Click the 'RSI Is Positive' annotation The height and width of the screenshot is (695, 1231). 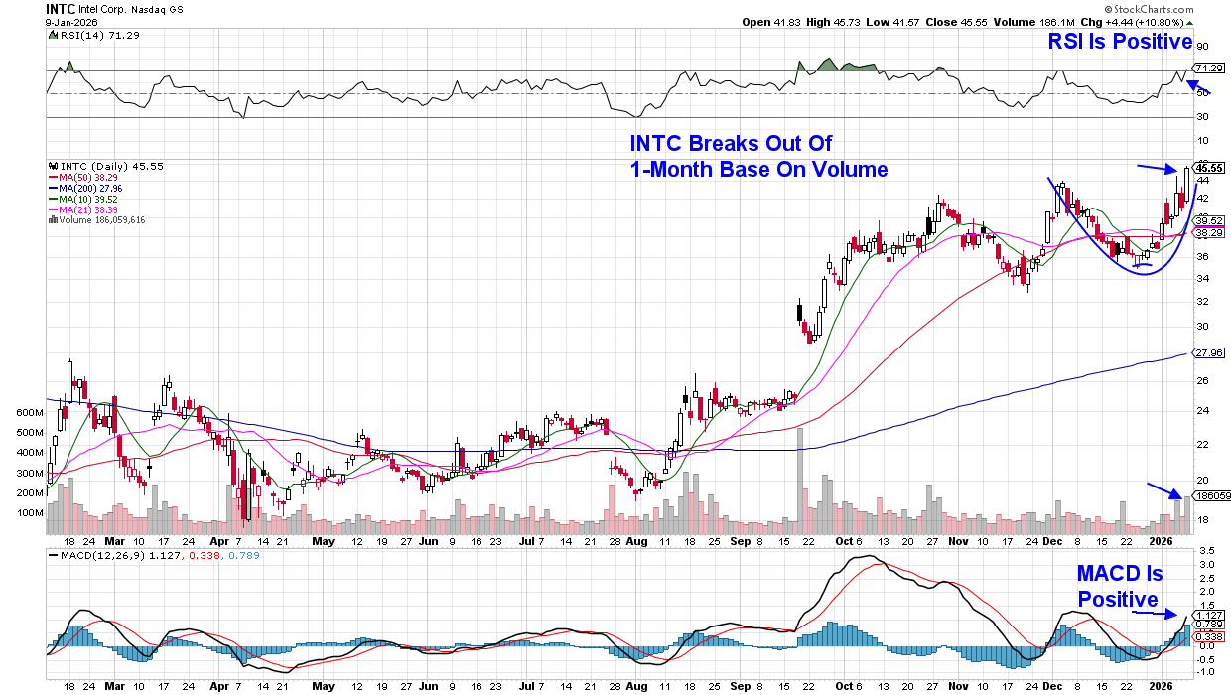1120,41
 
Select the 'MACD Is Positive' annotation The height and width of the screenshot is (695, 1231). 1119,586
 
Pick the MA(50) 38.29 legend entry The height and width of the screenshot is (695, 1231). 82,177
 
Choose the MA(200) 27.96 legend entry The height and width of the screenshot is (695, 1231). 84,188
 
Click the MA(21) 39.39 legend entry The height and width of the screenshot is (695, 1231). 82,208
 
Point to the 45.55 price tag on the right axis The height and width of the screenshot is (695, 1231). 1208,168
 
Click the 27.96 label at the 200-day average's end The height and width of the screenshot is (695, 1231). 1207,352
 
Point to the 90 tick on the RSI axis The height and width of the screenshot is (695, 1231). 1201,47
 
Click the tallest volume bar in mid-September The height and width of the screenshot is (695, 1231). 800,477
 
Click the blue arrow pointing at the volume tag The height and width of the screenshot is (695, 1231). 1163,490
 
